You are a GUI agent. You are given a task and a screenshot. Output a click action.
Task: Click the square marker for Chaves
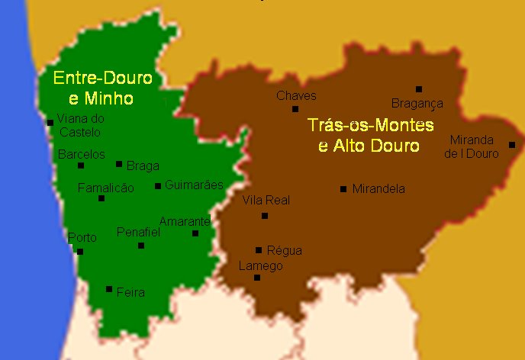point(295,109)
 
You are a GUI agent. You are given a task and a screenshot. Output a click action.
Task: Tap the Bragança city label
point(417,104)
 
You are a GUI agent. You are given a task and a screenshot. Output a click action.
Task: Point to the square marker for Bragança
point(419,89)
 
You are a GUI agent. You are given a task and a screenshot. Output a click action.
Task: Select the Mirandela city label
point(378,188)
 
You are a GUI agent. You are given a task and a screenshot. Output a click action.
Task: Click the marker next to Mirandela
point(343,189)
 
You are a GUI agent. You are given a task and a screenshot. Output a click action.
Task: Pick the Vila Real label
point(266,201)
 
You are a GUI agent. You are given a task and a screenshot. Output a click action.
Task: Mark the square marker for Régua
point(259,250)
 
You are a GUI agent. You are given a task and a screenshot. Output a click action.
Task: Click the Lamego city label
point(261,266)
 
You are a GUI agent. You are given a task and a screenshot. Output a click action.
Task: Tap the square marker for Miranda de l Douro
point(512,145)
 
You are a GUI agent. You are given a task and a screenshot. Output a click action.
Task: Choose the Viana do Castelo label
point(76,124)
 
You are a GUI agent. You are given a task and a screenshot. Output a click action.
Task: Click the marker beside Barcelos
point(81,166)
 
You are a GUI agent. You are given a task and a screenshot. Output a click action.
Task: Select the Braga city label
point(143,165)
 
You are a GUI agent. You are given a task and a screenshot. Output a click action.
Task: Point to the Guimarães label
point(194,185)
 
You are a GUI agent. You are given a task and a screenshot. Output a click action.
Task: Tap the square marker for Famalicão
point(101,198)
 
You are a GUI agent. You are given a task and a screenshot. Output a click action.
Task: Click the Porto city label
point(82,238)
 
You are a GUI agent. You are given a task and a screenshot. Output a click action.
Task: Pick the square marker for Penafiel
point(141,246)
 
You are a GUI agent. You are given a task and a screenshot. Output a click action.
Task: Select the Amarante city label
point(184,221)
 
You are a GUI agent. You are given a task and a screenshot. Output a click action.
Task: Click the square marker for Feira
point(109,289)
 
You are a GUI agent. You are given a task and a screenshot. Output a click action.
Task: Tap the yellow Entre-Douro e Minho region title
point(101,88)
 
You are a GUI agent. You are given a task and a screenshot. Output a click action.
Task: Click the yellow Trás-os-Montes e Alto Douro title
point(369,135)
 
